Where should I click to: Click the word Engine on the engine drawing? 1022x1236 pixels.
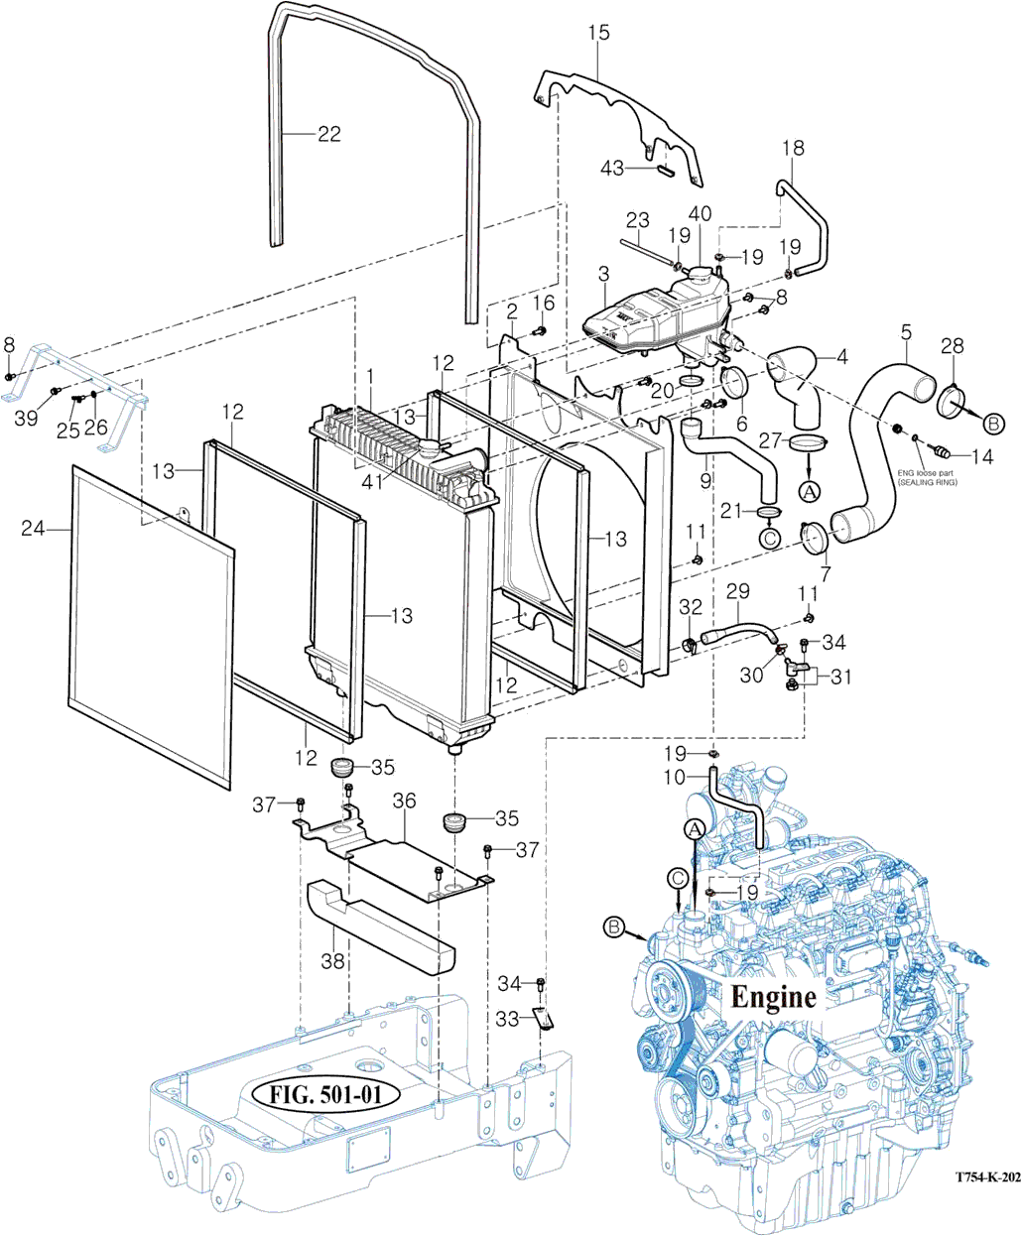click(x=773, y=996)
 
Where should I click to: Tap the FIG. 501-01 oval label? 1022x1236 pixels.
click(x=326, y=1096)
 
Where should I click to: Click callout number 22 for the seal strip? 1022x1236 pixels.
click(x=328, y=134)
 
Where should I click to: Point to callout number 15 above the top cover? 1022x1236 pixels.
click(x=598, y=34)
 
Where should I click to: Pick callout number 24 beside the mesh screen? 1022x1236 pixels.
click(x=34, y=530)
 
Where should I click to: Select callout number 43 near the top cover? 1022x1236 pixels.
click(x=612, y=169)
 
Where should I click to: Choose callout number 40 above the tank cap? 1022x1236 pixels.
click(x=700, y=213)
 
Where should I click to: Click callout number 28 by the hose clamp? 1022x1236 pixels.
click(x=952, y=345)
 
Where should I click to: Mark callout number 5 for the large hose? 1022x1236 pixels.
click(x=905, y=330)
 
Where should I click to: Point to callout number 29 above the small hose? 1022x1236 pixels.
click(x=737, y=593)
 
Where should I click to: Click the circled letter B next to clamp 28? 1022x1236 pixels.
click(x=993, y=424)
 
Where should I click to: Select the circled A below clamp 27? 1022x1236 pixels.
click(x=809, y=490)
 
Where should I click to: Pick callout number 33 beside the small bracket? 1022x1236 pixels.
click(x=507, y=1019)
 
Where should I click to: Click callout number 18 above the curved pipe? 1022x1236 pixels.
click(x=793, y=149)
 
